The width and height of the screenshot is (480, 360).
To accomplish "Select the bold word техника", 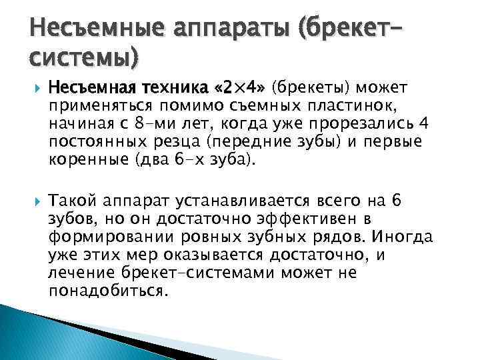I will [x=143, y=87].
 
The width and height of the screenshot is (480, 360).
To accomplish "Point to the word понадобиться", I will [x=105, y=291].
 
